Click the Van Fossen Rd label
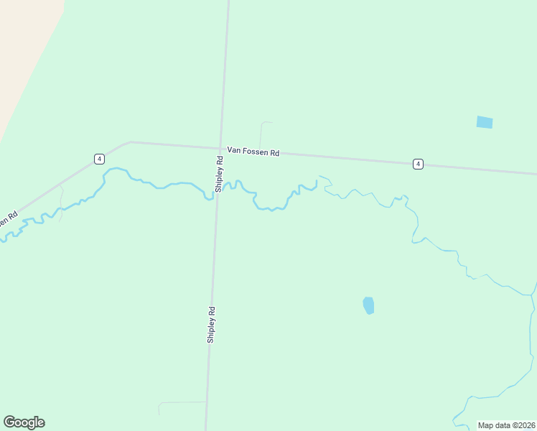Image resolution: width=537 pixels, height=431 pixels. point(253,152)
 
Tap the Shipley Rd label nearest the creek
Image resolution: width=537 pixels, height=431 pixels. point(219,175)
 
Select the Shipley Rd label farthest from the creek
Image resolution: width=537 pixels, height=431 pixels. point(211,325)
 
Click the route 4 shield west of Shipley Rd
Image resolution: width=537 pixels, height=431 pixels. point(99,158)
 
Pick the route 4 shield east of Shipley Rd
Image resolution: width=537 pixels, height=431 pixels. point(418,164)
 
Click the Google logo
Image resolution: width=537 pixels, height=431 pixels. point(24,422)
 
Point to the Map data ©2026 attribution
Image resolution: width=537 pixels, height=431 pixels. point(507,425)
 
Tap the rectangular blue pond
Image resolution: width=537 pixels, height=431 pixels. point(485,122)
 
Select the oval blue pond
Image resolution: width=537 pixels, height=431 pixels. point(368,305)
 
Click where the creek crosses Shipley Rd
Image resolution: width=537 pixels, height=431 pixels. point(217,193)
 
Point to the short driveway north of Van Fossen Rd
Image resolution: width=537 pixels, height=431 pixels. point(262,134)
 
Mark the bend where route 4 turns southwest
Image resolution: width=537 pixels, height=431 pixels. point(129,142)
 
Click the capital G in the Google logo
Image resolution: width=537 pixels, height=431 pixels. point(10,422)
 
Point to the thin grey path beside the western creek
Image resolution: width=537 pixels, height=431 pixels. point(62,204)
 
